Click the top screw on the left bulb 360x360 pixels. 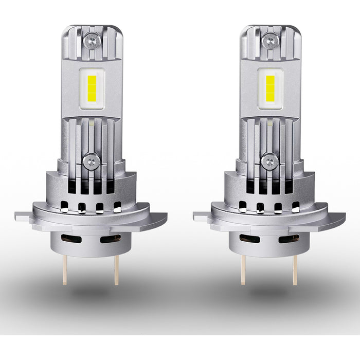92,40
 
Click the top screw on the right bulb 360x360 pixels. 270,40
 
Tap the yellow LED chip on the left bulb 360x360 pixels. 92,87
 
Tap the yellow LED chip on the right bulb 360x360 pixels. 270,87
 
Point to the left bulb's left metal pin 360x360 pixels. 65,269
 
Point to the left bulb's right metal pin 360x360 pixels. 116,269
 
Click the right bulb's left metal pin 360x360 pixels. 243,269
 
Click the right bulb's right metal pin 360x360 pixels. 295,269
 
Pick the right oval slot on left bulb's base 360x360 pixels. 110,239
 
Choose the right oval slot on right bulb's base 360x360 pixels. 289,239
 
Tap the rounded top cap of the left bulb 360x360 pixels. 92,28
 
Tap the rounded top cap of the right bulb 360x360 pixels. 270,28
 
